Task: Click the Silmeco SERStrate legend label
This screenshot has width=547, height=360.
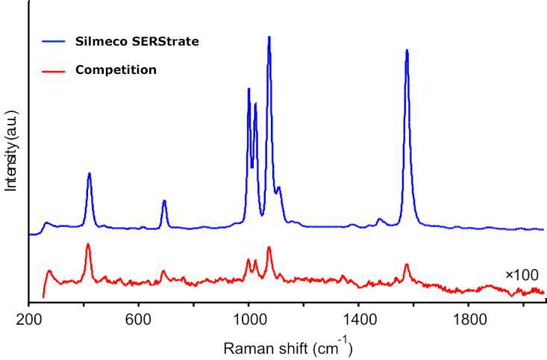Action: point(137,42)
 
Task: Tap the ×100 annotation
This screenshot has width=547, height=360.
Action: point(522,275)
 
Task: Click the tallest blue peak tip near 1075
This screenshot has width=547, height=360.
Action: point(269,37)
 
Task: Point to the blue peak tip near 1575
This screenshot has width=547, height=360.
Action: point(407,50)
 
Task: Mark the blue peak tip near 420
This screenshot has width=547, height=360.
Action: point(90,173)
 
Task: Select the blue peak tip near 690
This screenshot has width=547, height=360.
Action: point(164,201)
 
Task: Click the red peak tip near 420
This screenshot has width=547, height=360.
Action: point(88,244)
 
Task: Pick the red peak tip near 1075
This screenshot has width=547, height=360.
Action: point(269,247)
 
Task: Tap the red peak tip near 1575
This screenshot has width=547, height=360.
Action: point(407,264)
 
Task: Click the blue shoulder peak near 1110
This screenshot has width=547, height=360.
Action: point(279,187)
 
